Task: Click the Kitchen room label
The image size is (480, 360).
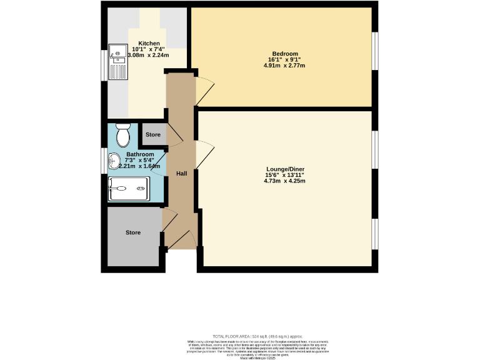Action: click(x=145, y=44)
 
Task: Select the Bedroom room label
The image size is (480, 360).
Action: click(x=284, y=53)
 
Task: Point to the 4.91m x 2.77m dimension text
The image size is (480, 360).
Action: click(x=284, y=65)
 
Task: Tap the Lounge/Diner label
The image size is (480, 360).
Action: click(x=284, y=169)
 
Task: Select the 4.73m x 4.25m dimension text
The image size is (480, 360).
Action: click(x=284, y=181)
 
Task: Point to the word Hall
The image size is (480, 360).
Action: click(x=181, y=173)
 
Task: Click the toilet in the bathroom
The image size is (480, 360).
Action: click(x=122, y=134)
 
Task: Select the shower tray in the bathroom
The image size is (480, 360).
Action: click(x=129, y=188)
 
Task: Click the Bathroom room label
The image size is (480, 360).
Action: click(x=140, y=154)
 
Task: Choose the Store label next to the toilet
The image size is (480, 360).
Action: click(x=153, y=134)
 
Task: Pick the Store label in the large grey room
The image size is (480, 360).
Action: click(x=133, y=232)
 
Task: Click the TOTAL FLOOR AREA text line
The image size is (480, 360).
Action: click(x=257, y=336)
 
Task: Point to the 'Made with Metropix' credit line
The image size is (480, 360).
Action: click(x=257, y=357)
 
